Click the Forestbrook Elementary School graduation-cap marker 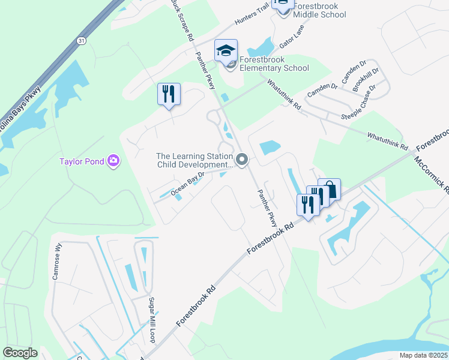[226, 51]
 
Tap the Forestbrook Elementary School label [274, 64]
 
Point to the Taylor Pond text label [81, 161]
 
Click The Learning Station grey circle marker [242, 160]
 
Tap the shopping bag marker [330, 190]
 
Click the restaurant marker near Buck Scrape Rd [169, 94]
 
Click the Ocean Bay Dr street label [187, 184]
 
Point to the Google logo [20, 352]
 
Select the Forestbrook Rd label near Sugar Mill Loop [196, 306]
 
